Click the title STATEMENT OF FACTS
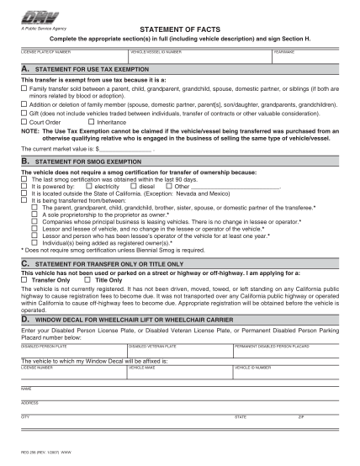(x=179, y=28)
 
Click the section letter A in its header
(x=27, y=69)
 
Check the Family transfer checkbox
(x=24, y=87)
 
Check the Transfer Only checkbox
(x=24, y=279)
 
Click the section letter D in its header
(x=27, y=320)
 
